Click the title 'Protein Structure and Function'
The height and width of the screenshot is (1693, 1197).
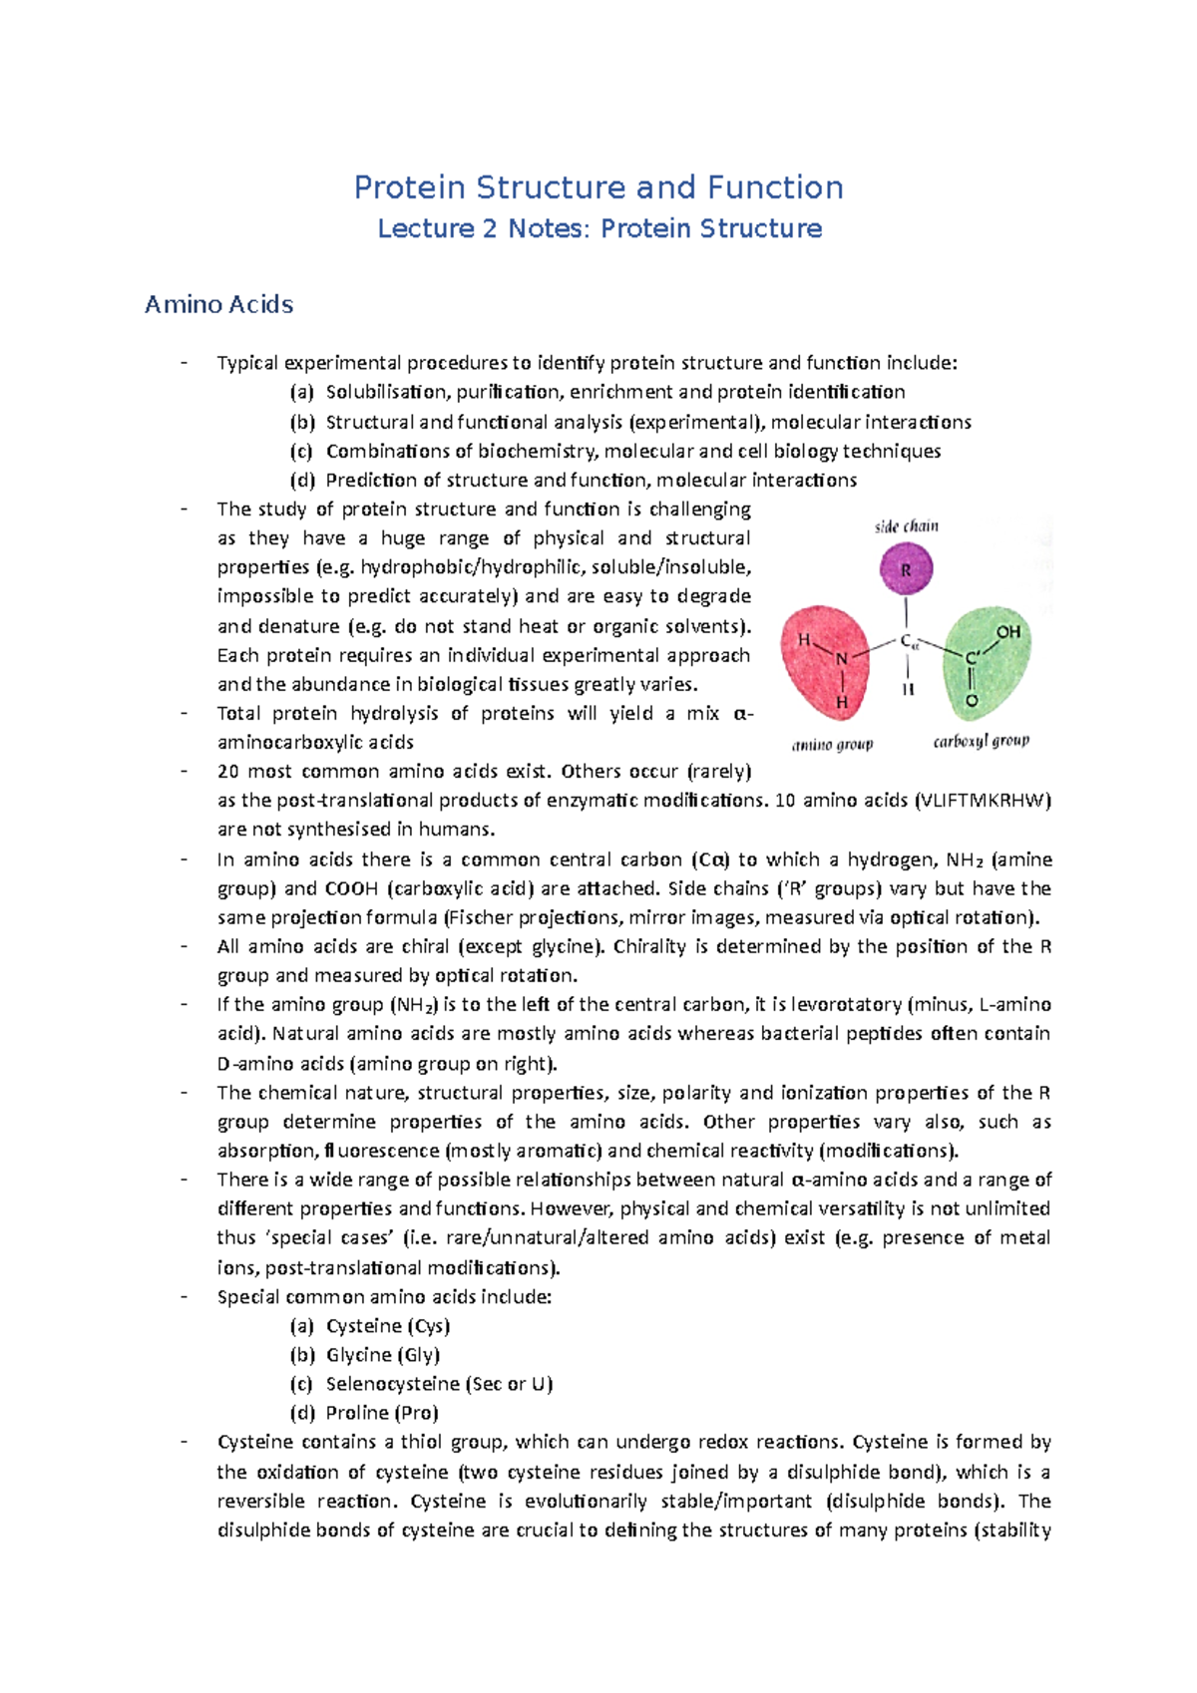pos(598,187)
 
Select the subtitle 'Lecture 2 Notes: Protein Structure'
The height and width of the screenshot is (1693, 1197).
pos(598,228)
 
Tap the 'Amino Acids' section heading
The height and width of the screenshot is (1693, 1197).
pos(218,304)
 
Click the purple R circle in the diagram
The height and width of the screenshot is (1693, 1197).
pos(906,570)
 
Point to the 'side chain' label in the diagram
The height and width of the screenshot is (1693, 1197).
pos(906,526)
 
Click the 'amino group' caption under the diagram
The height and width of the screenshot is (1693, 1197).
pos(832,744)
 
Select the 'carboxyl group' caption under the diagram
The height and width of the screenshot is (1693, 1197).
pos(981,741)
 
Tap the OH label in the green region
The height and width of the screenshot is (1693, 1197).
pos(1008,631)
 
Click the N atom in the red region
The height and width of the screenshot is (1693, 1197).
pos(842,659)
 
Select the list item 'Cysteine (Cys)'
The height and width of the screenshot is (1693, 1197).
pos(388,1326)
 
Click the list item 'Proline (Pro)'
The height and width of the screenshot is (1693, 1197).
pos(382,1413)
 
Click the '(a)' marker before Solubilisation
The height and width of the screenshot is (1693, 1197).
pos(301,392)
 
